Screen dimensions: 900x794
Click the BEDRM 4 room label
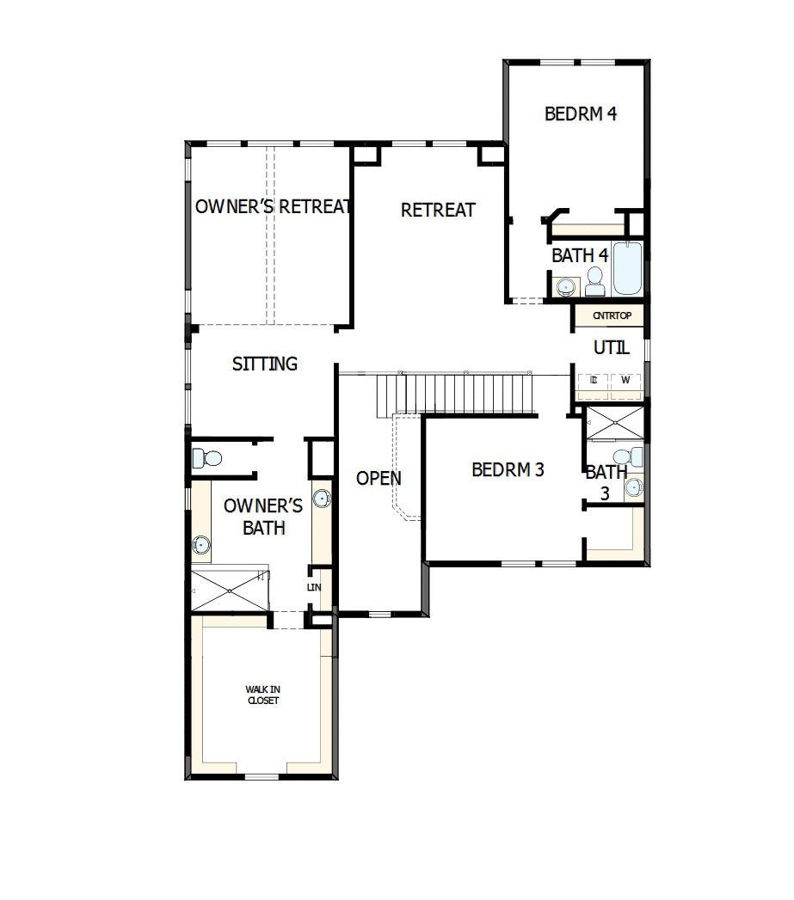581,113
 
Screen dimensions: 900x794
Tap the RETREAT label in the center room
438,210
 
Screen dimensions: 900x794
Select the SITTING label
265,364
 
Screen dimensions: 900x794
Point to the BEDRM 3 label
508,470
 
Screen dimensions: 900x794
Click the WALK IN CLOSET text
262,695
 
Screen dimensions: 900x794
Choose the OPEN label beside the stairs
379,478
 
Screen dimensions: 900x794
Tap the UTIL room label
612,348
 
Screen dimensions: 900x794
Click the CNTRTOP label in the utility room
612,315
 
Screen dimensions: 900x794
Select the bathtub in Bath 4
628,268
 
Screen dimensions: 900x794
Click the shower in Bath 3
614,425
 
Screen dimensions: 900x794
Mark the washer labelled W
625,380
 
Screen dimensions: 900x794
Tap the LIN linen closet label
313,588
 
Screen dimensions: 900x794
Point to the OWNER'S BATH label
263,517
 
